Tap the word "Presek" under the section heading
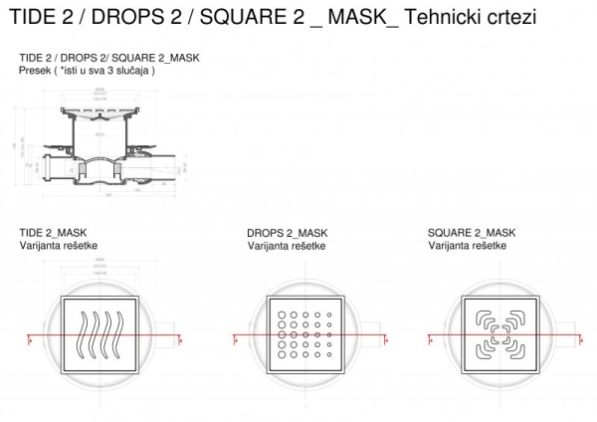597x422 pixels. coord(38,71)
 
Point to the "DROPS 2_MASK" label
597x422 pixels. coord(287,233)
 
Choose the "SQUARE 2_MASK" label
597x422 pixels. coord(472,233)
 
